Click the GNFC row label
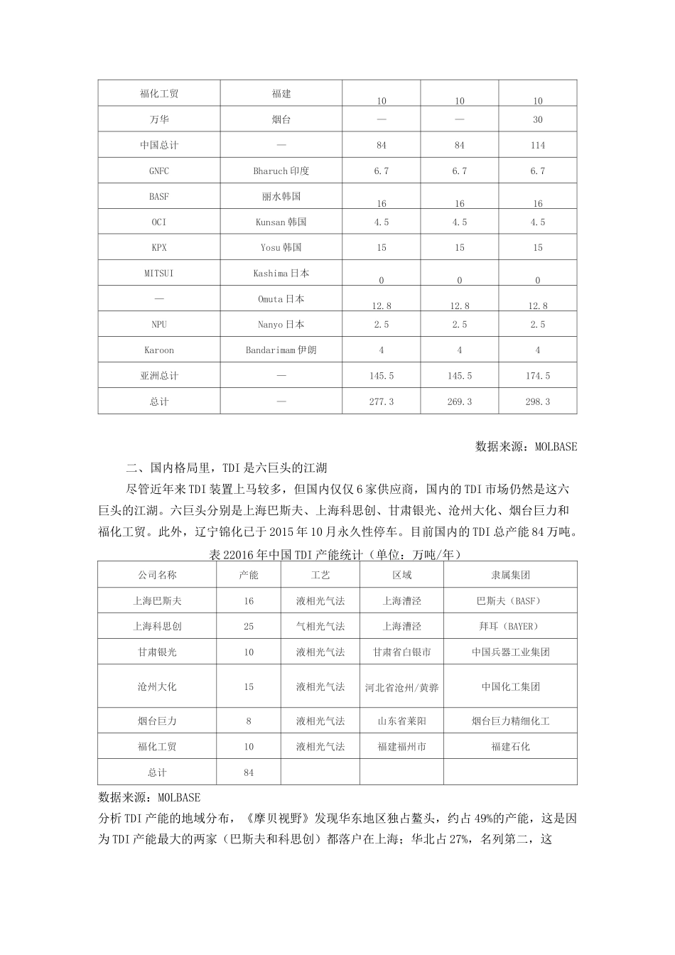point(159,171)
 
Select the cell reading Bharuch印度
point(281,171)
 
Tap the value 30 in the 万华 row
point(538,120)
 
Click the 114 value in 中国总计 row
point(538,146)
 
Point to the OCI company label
point(159,222)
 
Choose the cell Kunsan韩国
point(281,222)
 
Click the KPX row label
point(159,248)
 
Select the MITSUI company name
point(159,274)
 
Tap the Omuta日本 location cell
point(281,299)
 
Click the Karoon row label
point(159,350)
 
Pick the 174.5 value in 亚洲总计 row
point(538,376)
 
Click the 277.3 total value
point(382,401)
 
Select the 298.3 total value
point(538,401)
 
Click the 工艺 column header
point(320,575)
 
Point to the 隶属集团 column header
point(510,575)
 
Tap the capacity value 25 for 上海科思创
point(249,627)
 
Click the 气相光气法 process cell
point(320,627)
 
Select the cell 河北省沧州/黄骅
point(402,687)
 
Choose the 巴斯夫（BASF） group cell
point(510,601)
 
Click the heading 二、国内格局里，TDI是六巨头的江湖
point(226,468)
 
